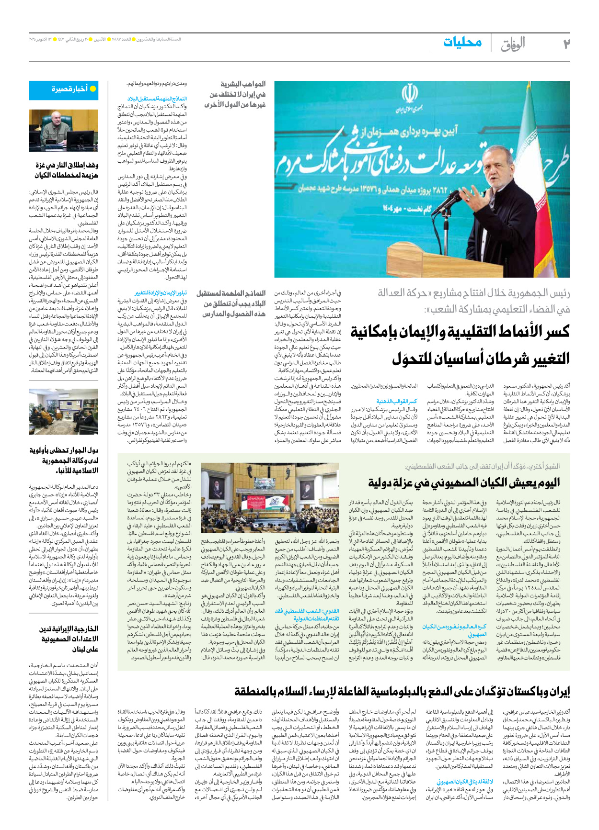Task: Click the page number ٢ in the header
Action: [566, 44]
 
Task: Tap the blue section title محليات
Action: [462, 43]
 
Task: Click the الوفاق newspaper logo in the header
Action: [512, 44]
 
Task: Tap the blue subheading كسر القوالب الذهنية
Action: [396, 402]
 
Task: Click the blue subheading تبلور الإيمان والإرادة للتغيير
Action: [161, 293]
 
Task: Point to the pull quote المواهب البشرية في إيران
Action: [235, 94]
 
